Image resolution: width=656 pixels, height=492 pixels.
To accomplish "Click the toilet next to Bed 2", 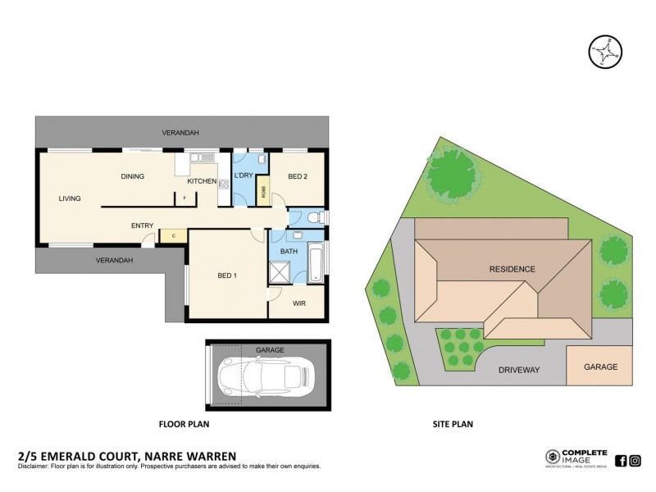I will point(314,218).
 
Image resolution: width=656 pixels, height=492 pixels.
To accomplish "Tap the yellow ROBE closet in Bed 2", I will point(263,191).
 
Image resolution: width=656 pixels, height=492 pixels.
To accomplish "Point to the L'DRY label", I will point(244,176).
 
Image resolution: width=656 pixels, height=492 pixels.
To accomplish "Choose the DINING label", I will point(132,176).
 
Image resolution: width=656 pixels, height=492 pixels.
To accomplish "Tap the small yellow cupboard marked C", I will point(174,236).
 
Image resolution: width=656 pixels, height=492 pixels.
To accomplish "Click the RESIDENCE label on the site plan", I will point(512,269).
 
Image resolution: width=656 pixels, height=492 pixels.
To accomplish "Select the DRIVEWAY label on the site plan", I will point(519,370).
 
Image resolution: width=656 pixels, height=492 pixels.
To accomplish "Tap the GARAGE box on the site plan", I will point(599,367).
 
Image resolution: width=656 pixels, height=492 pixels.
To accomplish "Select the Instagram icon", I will point(635,460).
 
